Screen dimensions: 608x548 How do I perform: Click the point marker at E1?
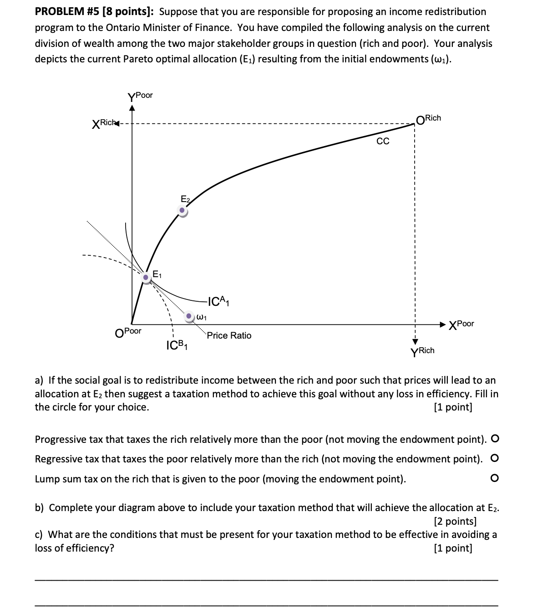146,277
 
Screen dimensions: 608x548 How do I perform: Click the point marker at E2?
182,210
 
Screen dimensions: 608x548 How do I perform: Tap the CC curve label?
383,142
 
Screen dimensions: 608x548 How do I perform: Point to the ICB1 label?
178,345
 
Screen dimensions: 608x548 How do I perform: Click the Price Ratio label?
229,335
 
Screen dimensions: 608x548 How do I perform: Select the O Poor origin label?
128,332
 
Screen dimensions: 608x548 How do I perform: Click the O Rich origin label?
428,119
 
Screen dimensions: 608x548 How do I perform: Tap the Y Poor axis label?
140,96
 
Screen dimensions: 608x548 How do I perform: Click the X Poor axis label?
461,324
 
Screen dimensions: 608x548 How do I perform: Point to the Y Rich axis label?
422,351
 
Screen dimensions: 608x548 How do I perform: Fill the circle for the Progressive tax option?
495,439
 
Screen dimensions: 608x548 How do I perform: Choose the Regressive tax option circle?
495,458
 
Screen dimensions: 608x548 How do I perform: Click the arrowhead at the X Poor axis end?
442,324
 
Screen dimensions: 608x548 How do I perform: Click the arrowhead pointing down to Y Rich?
415,341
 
